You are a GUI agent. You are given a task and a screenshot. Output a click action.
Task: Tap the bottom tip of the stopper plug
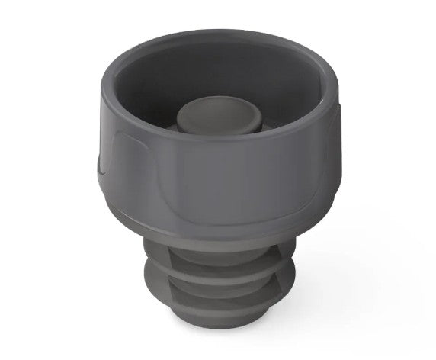tap(221, 324)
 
